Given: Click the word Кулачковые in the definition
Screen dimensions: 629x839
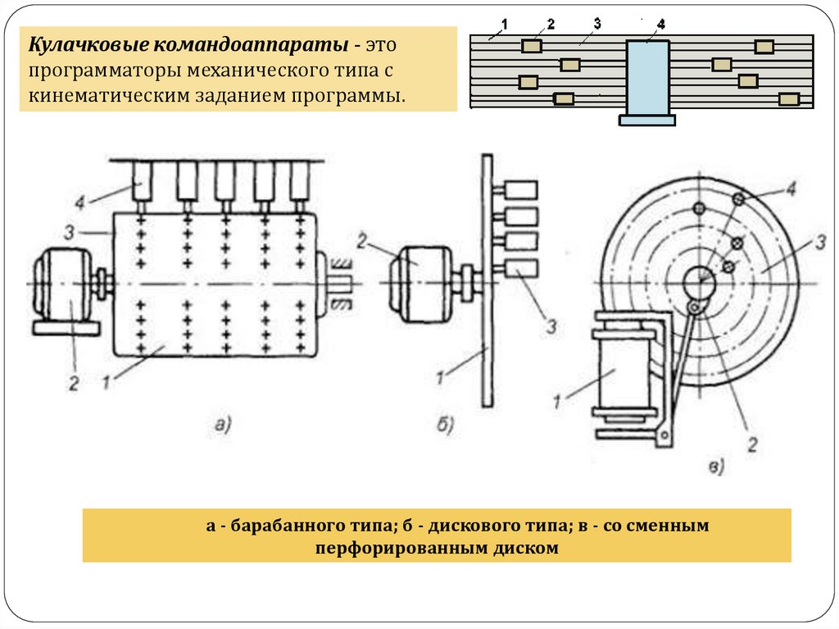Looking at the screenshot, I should click(x=80, y=43).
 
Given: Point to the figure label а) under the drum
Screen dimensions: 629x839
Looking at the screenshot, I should click(x=224, y=424).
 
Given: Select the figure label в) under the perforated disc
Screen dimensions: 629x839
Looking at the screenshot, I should click(x=716, y=468).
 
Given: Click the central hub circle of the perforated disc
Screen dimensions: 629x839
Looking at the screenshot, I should click(x=699, y=281).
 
